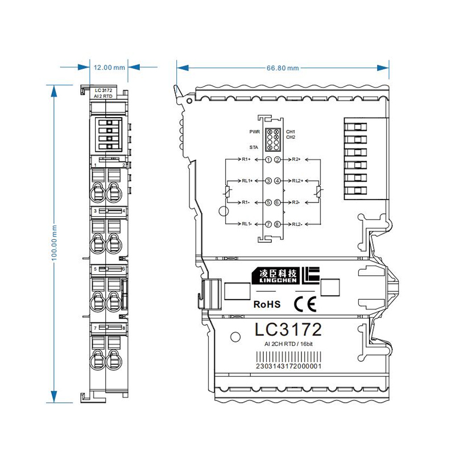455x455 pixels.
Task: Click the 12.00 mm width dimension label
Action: (109, 68)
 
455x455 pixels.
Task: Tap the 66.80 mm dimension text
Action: (283, 68)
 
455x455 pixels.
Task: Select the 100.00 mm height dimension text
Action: (54, 243)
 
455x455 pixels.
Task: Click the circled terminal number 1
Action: (268, 160)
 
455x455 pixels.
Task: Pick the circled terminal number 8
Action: (278, 224)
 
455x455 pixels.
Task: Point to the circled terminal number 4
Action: (278, 181)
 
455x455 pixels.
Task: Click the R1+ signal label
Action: (246, 159)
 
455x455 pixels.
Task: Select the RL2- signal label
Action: (297, 224)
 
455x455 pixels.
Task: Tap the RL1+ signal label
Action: (247, 181)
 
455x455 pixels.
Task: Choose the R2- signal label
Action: (296, 202)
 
